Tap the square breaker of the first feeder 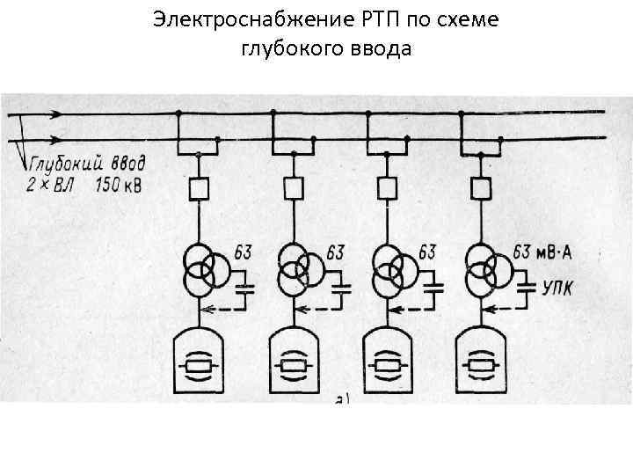tap(200, 187)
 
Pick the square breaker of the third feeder tap(386, 187)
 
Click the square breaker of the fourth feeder tap(480, 187)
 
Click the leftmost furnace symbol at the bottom tap(200, 362)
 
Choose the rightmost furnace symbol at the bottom tap(480, 362)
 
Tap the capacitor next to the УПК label tap(527, 285)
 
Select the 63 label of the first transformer tap(243, 253)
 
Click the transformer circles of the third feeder tap(388, 268)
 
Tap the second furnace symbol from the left tap(294, 362)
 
